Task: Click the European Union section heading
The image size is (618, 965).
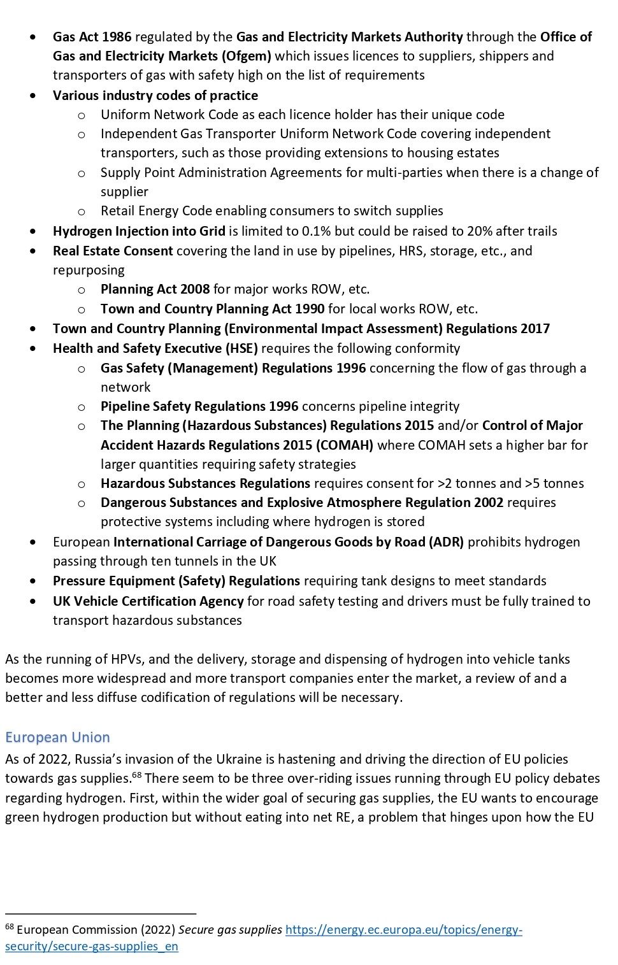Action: pos(57,737)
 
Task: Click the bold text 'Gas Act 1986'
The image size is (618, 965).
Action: pos(92,37)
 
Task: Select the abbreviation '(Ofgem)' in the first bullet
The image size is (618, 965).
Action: pos(246,56)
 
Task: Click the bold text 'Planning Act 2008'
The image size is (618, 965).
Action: pos(155,289)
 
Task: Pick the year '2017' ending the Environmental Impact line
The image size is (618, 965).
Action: pos(535,329)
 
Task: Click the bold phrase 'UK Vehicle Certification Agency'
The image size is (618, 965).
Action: pos(148,601)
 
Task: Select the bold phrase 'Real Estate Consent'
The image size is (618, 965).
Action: pos(113,251)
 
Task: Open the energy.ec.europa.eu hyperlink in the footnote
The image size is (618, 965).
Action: pos(403,930)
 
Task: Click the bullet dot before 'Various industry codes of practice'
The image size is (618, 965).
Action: pos(33,96)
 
